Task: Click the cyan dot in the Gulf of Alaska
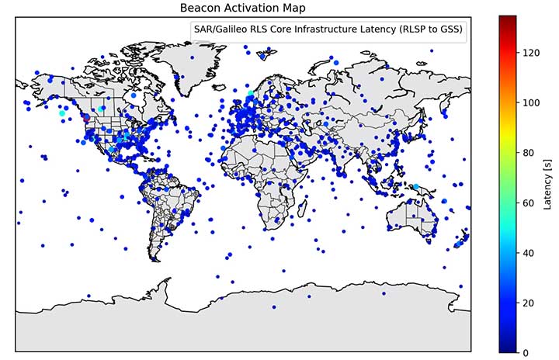click(62, 113)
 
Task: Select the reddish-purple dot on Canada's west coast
click(86, 119)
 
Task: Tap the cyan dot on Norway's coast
click(251, 94)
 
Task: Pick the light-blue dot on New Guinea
click(416, 187)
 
